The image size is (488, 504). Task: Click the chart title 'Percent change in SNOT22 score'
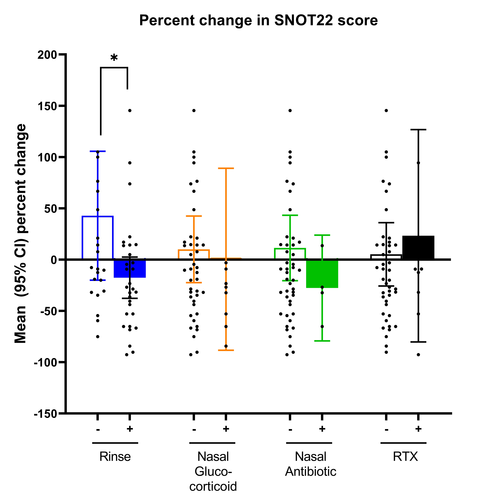(258, 20)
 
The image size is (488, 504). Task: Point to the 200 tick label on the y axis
(47, 55)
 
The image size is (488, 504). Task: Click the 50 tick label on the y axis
(50, 209)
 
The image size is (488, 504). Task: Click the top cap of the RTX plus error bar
(418, 130)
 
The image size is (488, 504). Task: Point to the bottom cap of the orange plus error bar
(226, 350)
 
